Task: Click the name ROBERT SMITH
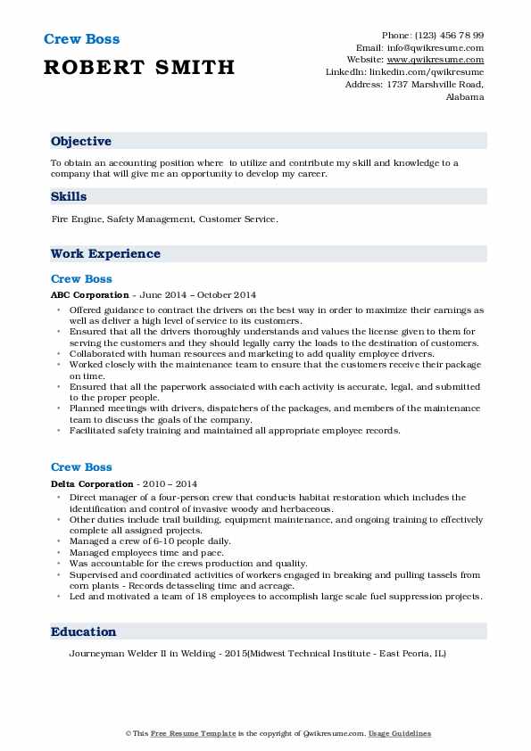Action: (x=139, y=67)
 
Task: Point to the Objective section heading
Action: (x=81, y=142)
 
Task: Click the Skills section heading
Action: (x=69, y=195)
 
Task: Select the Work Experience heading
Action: (x=105, y=254)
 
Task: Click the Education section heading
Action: (x=84, y=631)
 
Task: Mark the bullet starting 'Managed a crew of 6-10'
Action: (x=149, y=541)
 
